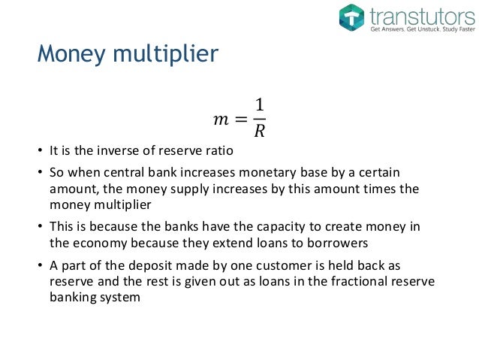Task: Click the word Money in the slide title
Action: (x=70, y=54)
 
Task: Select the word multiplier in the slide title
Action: (x=162, y=55)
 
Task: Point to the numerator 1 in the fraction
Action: (x=260, y=106)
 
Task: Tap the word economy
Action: (x=94, y=243)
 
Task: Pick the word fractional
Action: (x=367, y=280)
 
